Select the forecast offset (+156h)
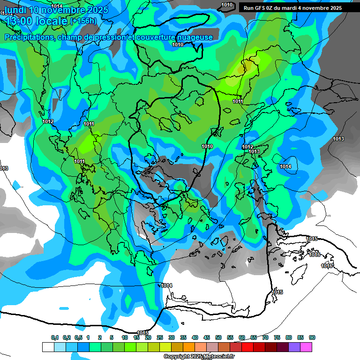point(83,21)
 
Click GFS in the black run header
point(260,8)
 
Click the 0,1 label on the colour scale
point(55,337)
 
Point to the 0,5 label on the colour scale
point(78,337)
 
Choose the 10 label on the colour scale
point(125,337)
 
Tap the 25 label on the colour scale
point(160,337)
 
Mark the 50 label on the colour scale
point(218,337)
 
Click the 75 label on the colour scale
point(277,337)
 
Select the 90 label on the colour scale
point(312,337)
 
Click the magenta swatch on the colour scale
point(306,347)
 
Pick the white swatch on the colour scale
point(48,347)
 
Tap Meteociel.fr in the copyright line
point(218,357)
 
